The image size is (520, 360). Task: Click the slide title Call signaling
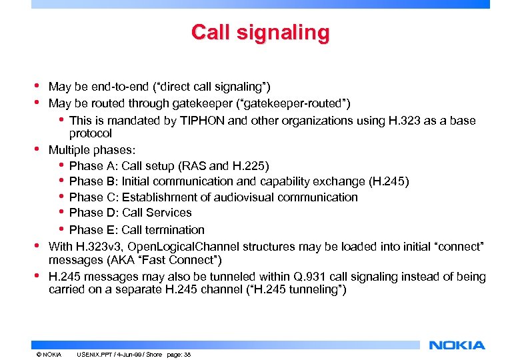(x=260, y=32)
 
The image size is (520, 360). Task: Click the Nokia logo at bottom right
(x=457, y=345)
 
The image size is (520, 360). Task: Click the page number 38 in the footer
(x=187, y=355)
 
